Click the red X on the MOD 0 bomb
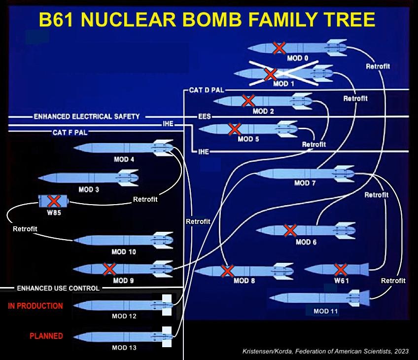(279, 48)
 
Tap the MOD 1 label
(284, 84)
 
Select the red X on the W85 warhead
(54, 201)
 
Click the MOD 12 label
(124, 316)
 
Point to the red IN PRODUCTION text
(35, 306)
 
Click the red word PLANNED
(46, 336)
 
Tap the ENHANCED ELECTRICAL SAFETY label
(87, 117)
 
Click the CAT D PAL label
(207, 91)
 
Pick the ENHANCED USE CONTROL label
(58, 288)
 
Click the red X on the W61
(340, 269)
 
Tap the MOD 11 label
(326, 311)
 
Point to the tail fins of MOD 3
(128, 177)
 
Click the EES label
(205, 117)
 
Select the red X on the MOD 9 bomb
(109, 269)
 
